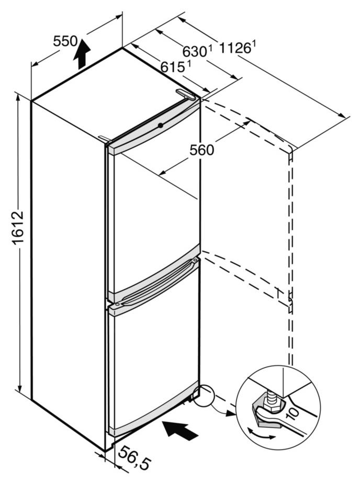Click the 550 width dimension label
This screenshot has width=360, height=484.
(66, 41)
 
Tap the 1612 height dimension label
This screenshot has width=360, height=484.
(18, 228)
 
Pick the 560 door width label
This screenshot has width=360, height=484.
(201, 150)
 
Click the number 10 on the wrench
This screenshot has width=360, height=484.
(294, 415)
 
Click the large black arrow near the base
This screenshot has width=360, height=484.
(181, 430)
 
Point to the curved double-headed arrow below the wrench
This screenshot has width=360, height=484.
(261, 435)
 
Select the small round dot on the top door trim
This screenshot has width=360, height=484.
(161, 126)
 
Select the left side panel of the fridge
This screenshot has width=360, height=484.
(68, 262)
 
